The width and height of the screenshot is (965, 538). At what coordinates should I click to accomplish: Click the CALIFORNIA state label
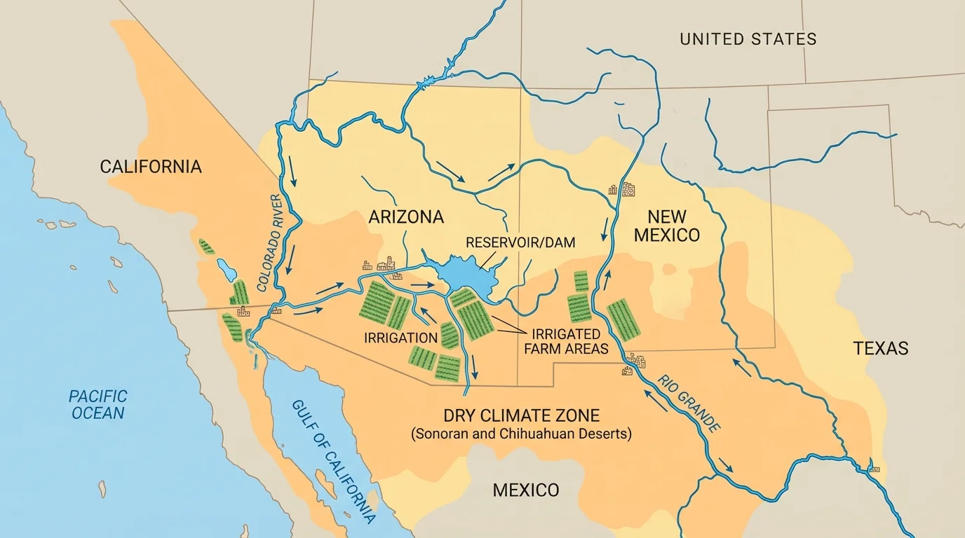(x=151, y=167)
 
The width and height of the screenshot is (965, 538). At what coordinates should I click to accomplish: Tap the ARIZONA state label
(x=406, y=217)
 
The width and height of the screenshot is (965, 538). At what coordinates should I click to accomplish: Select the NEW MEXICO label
(x=666, y=226)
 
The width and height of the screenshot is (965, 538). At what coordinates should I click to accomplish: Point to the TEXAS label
(x=880, y=348)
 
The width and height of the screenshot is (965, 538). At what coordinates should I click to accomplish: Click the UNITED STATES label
(x=748, y=39)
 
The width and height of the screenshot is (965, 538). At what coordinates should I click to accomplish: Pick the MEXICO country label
(x=526, y=490)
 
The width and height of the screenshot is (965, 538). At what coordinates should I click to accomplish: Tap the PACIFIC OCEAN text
(x=98, y=405)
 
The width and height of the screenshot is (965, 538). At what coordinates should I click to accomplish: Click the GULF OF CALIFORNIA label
(x=333, y=462)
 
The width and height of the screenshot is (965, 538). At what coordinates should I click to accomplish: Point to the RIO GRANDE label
(x=689, y=403)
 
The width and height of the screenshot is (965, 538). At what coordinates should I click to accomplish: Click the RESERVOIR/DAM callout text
(x=520, y=243)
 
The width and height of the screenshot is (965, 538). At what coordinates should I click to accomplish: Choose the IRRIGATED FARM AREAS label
(x=566, y=341)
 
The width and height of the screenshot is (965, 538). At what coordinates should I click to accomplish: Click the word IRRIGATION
(x=401, y=338)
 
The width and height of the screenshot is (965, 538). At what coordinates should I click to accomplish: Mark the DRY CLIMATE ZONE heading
(x=522, y=415)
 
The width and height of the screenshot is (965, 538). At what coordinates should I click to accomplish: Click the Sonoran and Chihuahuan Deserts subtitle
(x=521, y=434)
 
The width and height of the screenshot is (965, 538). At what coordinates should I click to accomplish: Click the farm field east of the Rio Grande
(x=623, y=319)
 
